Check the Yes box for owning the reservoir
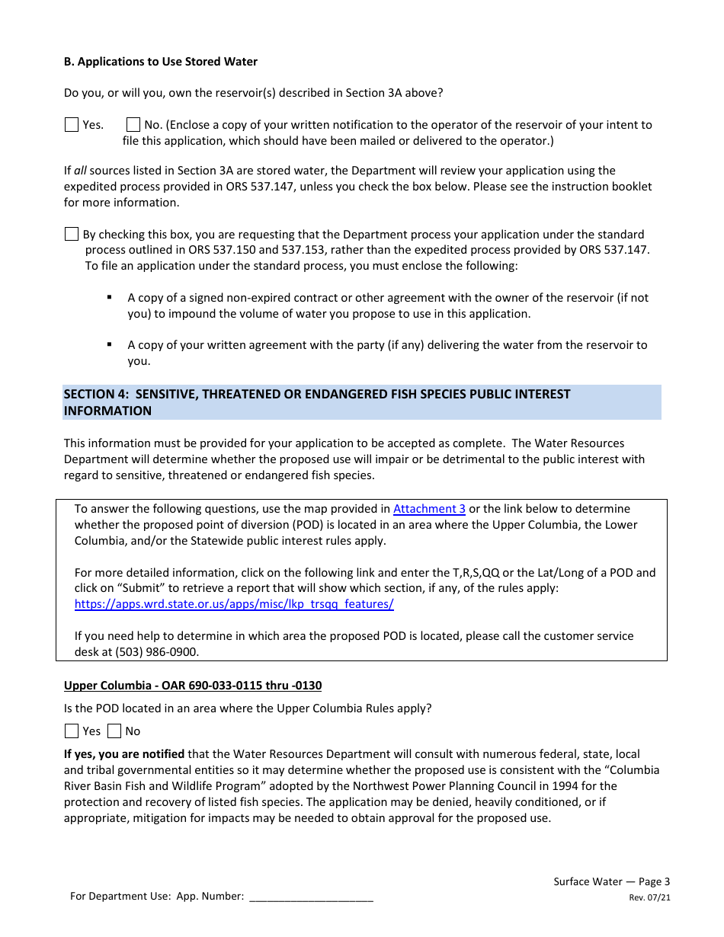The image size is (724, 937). pos(72,125)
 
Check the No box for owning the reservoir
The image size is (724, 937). pos(133,125)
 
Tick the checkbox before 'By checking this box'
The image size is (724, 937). pos(72,235)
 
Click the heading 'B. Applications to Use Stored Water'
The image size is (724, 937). pos(161,62)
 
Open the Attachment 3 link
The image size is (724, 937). pos(429,509)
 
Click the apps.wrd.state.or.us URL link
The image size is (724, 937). pos(234,604)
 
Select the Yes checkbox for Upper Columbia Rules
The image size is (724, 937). pos(72,731)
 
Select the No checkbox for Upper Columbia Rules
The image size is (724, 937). pos(114,731)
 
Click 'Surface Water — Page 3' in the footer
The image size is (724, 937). pos(611,881)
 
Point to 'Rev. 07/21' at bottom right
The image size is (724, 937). pos(649,897)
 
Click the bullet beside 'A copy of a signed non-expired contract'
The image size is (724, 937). pos(110,298)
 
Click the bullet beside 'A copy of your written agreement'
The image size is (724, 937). pos(110,345)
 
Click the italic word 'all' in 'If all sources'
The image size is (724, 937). pos(80,171)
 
